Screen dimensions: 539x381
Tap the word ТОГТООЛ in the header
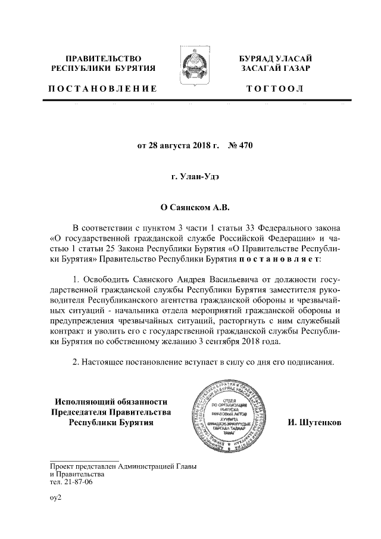coord(274,89)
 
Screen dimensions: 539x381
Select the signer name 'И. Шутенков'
coord(314,422)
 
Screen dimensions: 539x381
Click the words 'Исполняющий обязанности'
coord(111,401)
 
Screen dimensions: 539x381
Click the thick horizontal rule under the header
coord(190,101)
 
